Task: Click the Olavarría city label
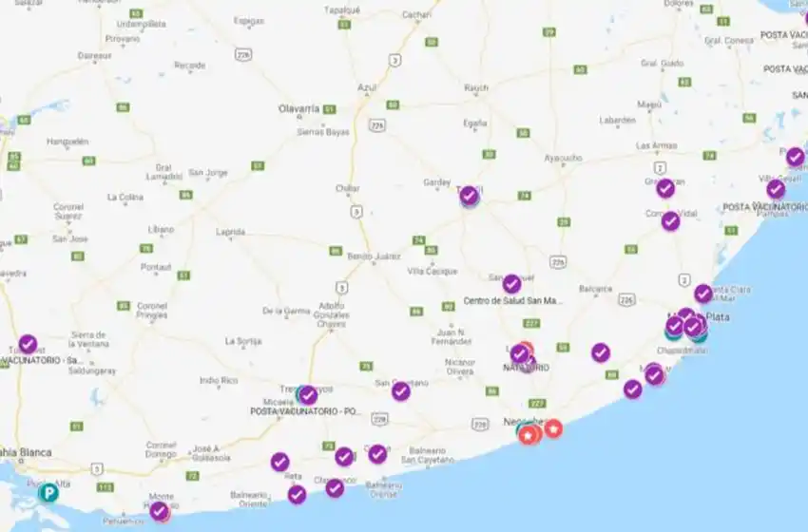(298, 109)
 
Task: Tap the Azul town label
(367, 87)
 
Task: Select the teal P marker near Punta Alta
(48, 492)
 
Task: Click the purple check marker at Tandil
(469, 197)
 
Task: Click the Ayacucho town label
(563, 157)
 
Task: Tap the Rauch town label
(476, 88)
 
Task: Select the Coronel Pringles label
(152, 310)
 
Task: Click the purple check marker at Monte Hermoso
(160, 511)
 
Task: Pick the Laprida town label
(231, 231)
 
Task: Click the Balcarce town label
(596, 288)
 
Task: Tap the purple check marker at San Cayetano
(401, 390)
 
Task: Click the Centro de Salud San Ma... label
(513, 301)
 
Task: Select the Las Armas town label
(656, 145)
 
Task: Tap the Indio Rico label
(218, 380)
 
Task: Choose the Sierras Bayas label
(324, 132)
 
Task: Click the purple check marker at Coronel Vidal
(671, 221)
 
